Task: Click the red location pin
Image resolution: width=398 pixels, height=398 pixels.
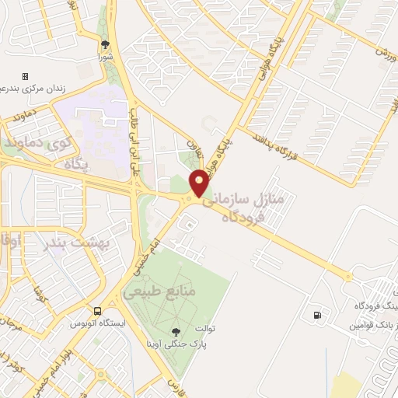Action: [200, 183]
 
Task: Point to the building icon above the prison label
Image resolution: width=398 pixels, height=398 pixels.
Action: [25, 77]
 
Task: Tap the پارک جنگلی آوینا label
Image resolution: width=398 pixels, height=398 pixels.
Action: [185, 342]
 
